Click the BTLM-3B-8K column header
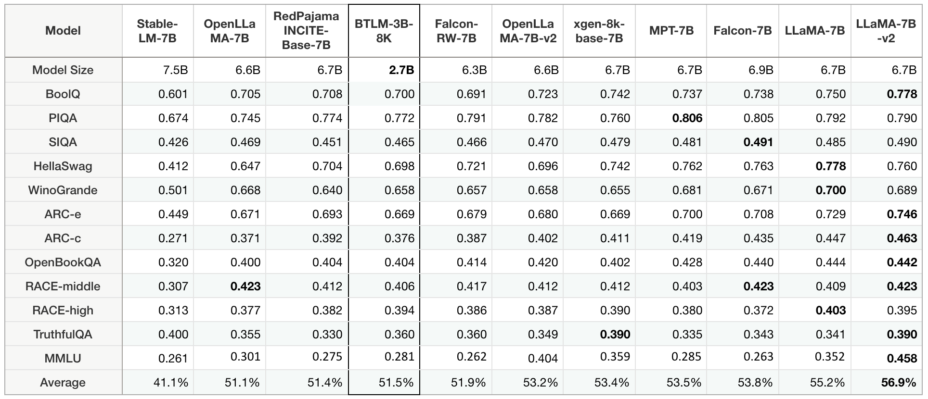(x=384, y=31)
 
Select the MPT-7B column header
(x=671, y=31)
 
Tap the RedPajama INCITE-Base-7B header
(x=306, y=31)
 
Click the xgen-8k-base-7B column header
(x=599, y=31)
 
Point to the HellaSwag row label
(x=63, y=166)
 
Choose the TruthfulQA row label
(x=63, y=335)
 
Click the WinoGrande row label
(x=63, y=190)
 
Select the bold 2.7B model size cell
(x=401, y=70)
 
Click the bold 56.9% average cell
(x=898, y=383)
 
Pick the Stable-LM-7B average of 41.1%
(x=171, y=383)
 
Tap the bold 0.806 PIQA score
(x=687, y=118)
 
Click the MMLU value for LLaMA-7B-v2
(x=902, y=359)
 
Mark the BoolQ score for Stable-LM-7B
(x=173, y=94)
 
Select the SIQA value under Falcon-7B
(x=758, y=142)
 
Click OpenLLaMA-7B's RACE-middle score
(x=245, y=287)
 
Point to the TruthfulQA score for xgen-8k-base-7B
(x=615, y=335)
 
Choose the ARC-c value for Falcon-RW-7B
(x=471, y=238)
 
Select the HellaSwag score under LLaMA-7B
(x=830, y=166)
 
